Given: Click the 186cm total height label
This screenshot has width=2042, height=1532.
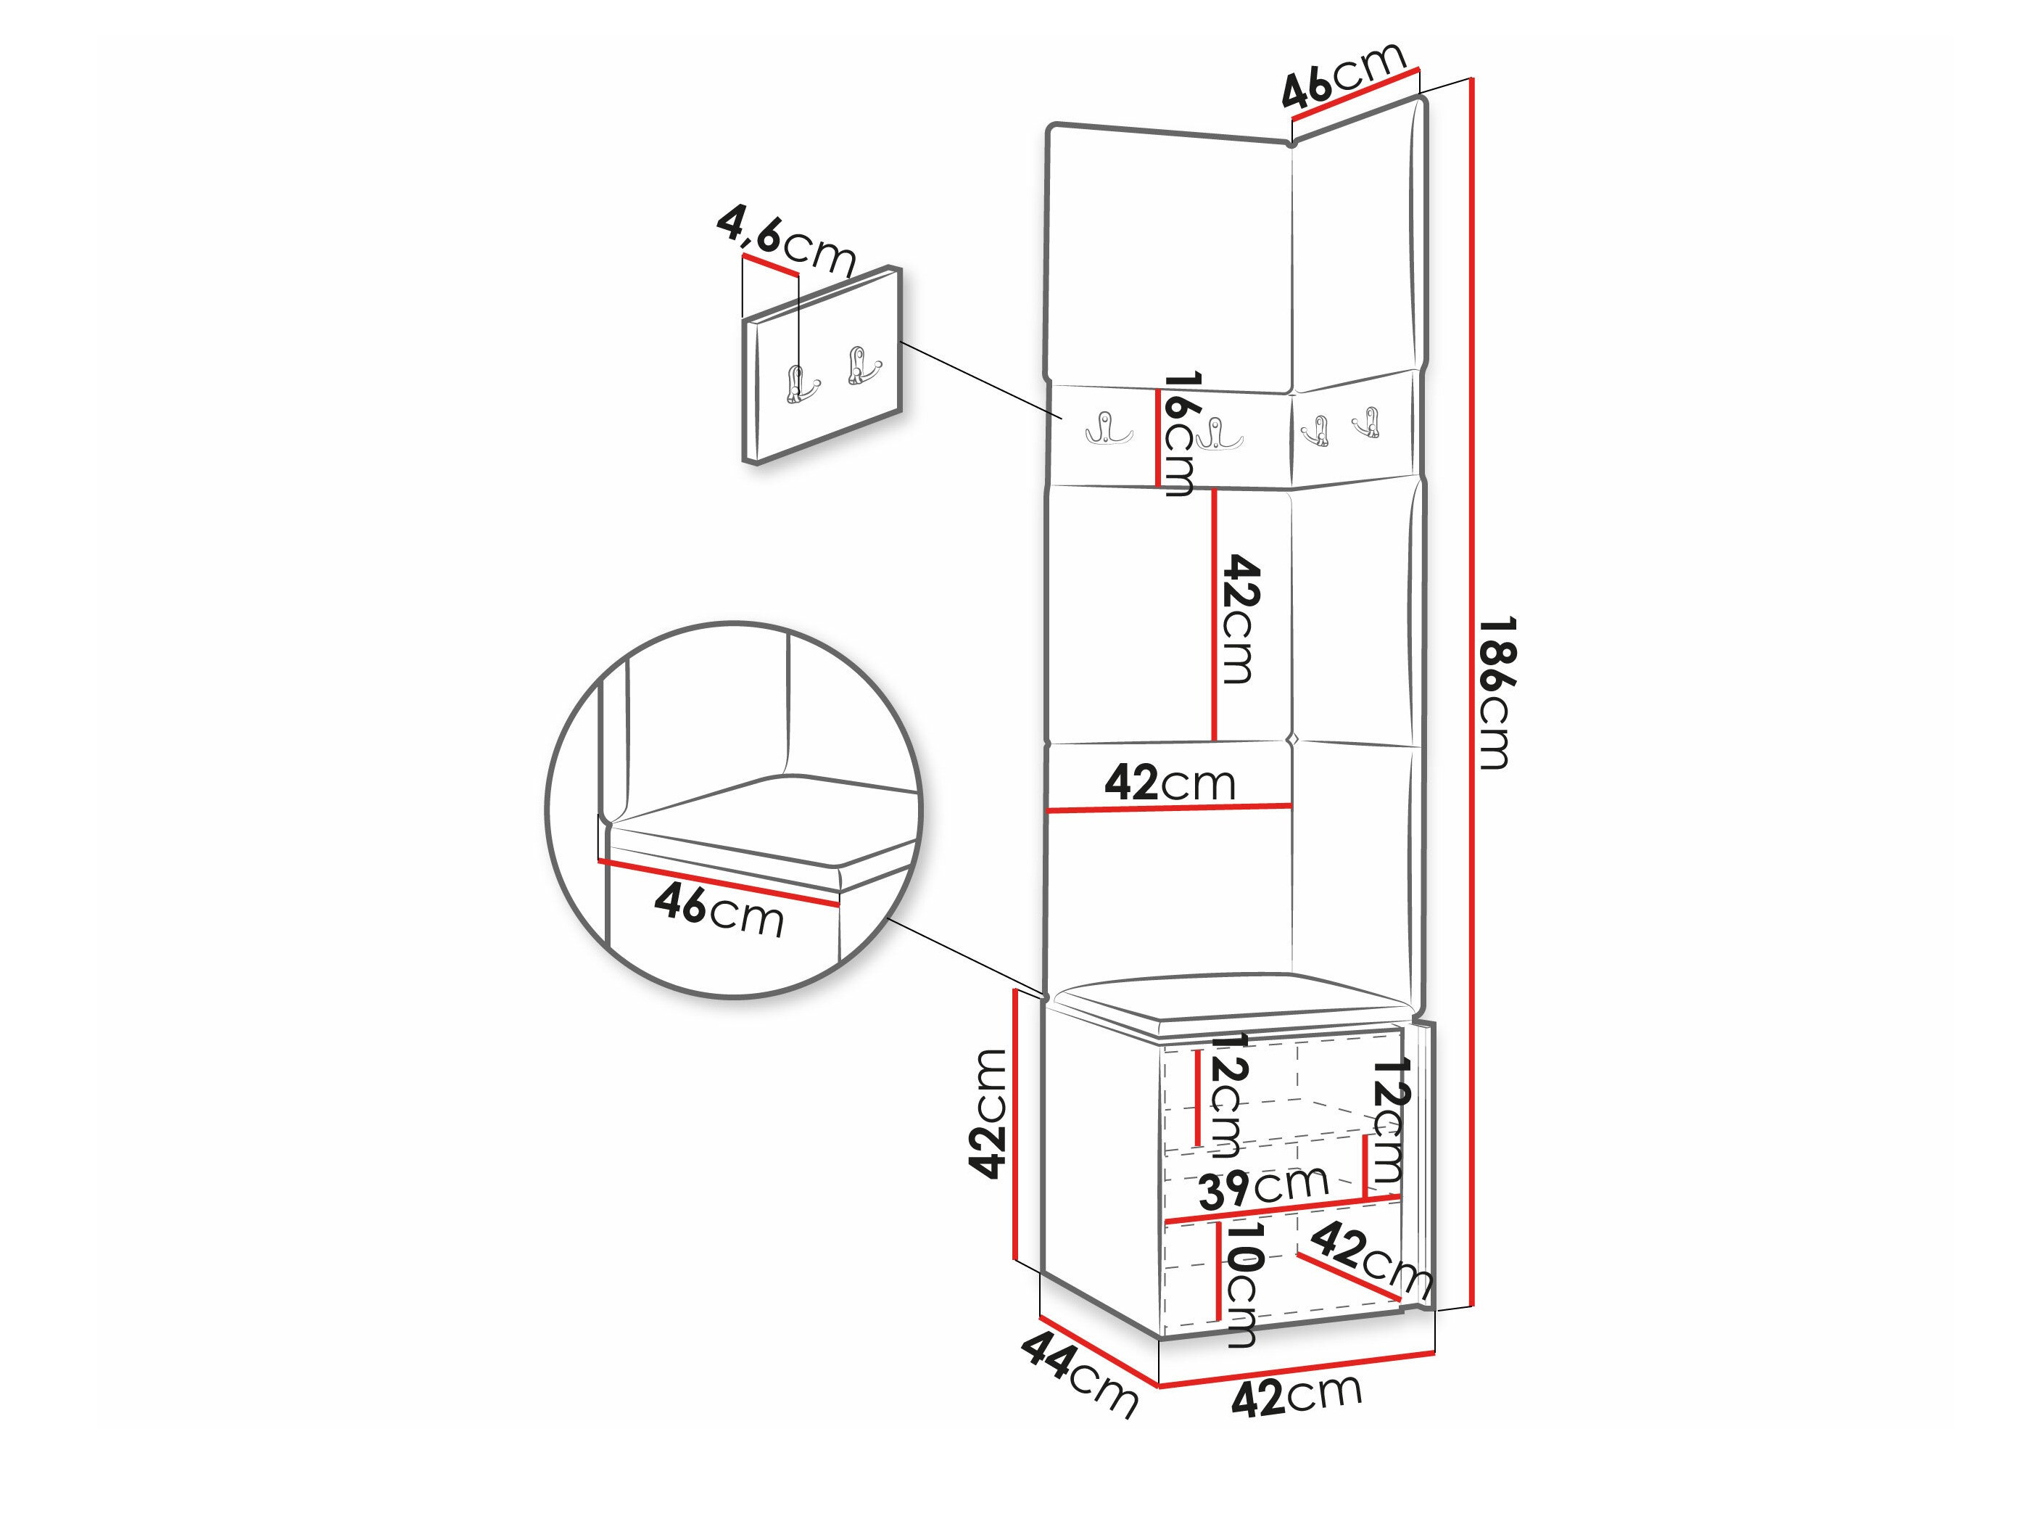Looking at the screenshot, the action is (x=1493, y=693).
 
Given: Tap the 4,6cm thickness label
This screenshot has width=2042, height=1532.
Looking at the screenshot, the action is (x=787, y=241).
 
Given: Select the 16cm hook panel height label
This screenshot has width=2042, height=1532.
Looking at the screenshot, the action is (x=1179, y=434).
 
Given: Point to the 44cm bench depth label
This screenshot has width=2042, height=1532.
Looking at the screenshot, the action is (x=1079, y=1373).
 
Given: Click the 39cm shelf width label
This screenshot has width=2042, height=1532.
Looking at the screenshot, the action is (x=1264, y=1187).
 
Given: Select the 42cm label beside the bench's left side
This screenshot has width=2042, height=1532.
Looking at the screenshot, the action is (x=987, y=1113).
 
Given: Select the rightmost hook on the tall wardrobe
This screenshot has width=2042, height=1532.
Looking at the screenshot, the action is (x=1366, y=422).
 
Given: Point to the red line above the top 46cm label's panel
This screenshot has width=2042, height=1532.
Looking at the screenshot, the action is (x=1355, y=95).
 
